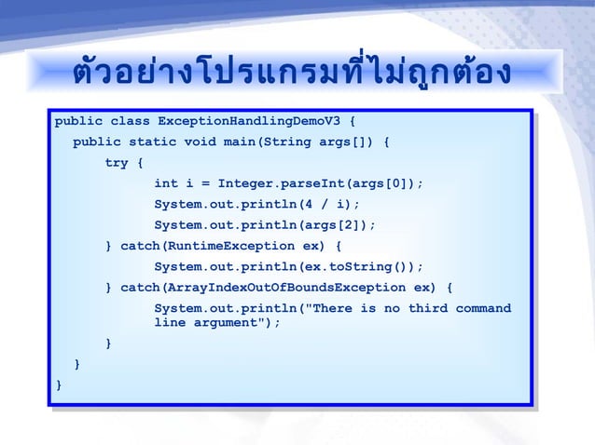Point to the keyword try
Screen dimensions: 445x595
(117, 163)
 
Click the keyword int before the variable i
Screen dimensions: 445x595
(165, 183)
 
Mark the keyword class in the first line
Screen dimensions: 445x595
(130, 121)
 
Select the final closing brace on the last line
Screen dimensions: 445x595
(59, 384)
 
